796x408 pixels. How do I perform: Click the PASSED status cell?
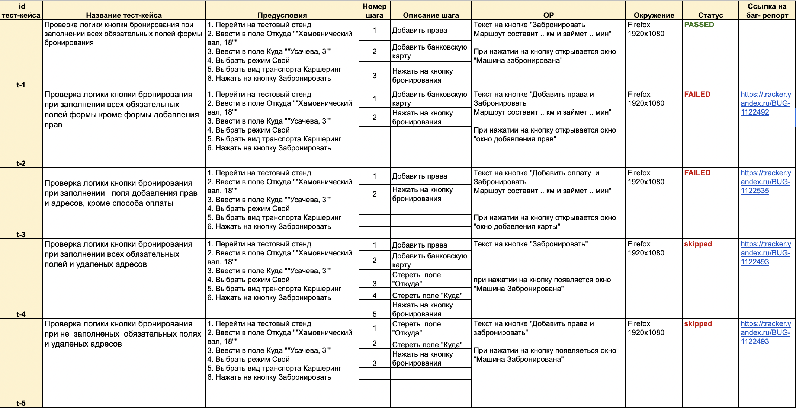point(699,25)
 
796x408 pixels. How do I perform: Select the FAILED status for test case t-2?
point(697,95)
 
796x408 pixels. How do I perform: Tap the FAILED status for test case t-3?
point(697,173)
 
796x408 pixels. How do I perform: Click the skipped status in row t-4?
point(698,244)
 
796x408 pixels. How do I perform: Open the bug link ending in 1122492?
point(765,103)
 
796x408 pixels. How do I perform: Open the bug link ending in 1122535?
point(765,182)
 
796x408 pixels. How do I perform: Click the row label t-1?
point(21,85)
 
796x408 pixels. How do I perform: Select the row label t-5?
point(21,403)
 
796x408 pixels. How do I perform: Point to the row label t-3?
point(21,235)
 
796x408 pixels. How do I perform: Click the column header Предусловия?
point(282,15)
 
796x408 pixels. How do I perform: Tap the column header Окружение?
point(654,15)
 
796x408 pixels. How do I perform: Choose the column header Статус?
point(710,15)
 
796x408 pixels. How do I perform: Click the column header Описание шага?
point(431,15)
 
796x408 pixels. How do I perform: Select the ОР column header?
point(549,15)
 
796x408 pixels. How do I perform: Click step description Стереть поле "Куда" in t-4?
point(427,296)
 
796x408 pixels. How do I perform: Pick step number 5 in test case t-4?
point(375,314)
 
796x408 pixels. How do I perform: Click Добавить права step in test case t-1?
point(420,31)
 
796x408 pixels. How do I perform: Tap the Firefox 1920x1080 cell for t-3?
point(646,178)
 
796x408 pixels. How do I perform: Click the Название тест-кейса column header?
point(124,15)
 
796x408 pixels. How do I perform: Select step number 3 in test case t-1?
point(375,76)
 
